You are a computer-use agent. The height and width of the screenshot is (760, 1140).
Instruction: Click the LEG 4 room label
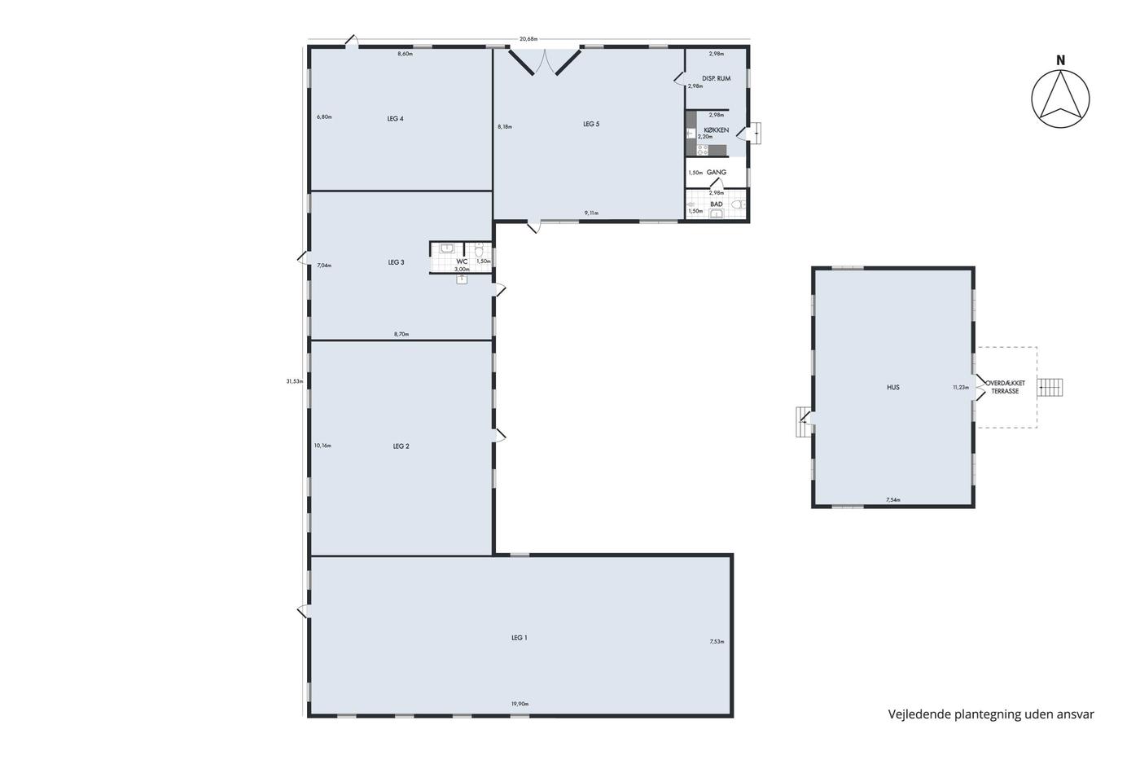(395, 119)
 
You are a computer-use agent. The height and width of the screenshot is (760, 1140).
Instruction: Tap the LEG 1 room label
(520, 638)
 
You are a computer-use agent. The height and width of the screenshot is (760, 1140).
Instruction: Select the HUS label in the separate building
(893, 388)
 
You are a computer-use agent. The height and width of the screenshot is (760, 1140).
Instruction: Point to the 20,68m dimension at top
(528, 38)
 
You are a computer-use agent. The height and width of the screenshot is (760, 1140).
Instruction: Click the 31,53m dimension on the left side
(295, 380)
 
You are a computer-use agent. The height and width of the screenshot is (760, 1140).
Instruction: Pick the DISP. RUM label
(716, 78)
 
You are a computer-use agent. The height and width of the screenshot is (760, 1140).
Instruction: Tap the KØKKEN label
(716, 130)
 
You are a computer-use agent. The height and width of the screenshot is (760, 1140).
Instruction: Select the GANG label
(716, 172)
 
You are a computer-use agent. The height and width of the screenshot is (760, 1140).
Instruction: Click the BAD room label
(716, 204)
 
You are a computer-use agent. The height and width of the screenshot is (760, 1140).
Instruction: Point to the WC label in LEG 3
(462, 261)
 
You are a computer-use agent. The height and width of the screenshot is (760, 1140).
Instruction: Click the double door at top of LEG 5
(545, 62)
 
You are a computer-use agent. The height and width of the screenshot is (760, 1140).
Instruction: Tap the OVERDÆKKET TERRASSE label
(1005, 388)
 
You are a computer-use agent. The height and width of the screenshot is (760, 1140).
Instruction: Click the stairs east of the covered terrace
(1050, 388)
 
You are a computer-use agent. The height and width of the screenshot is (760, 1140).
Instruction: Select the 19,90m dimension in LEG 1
(520, 704)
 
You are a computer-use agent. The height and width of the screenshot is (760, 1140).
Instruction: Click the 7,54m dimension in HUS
(893, 500)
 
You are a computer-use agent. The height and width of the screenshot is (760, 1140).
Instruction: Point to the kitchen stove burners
(702, 150)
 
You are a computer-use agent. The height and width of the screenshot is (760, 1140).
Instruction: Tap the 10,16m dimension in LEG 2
(322, 446)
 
